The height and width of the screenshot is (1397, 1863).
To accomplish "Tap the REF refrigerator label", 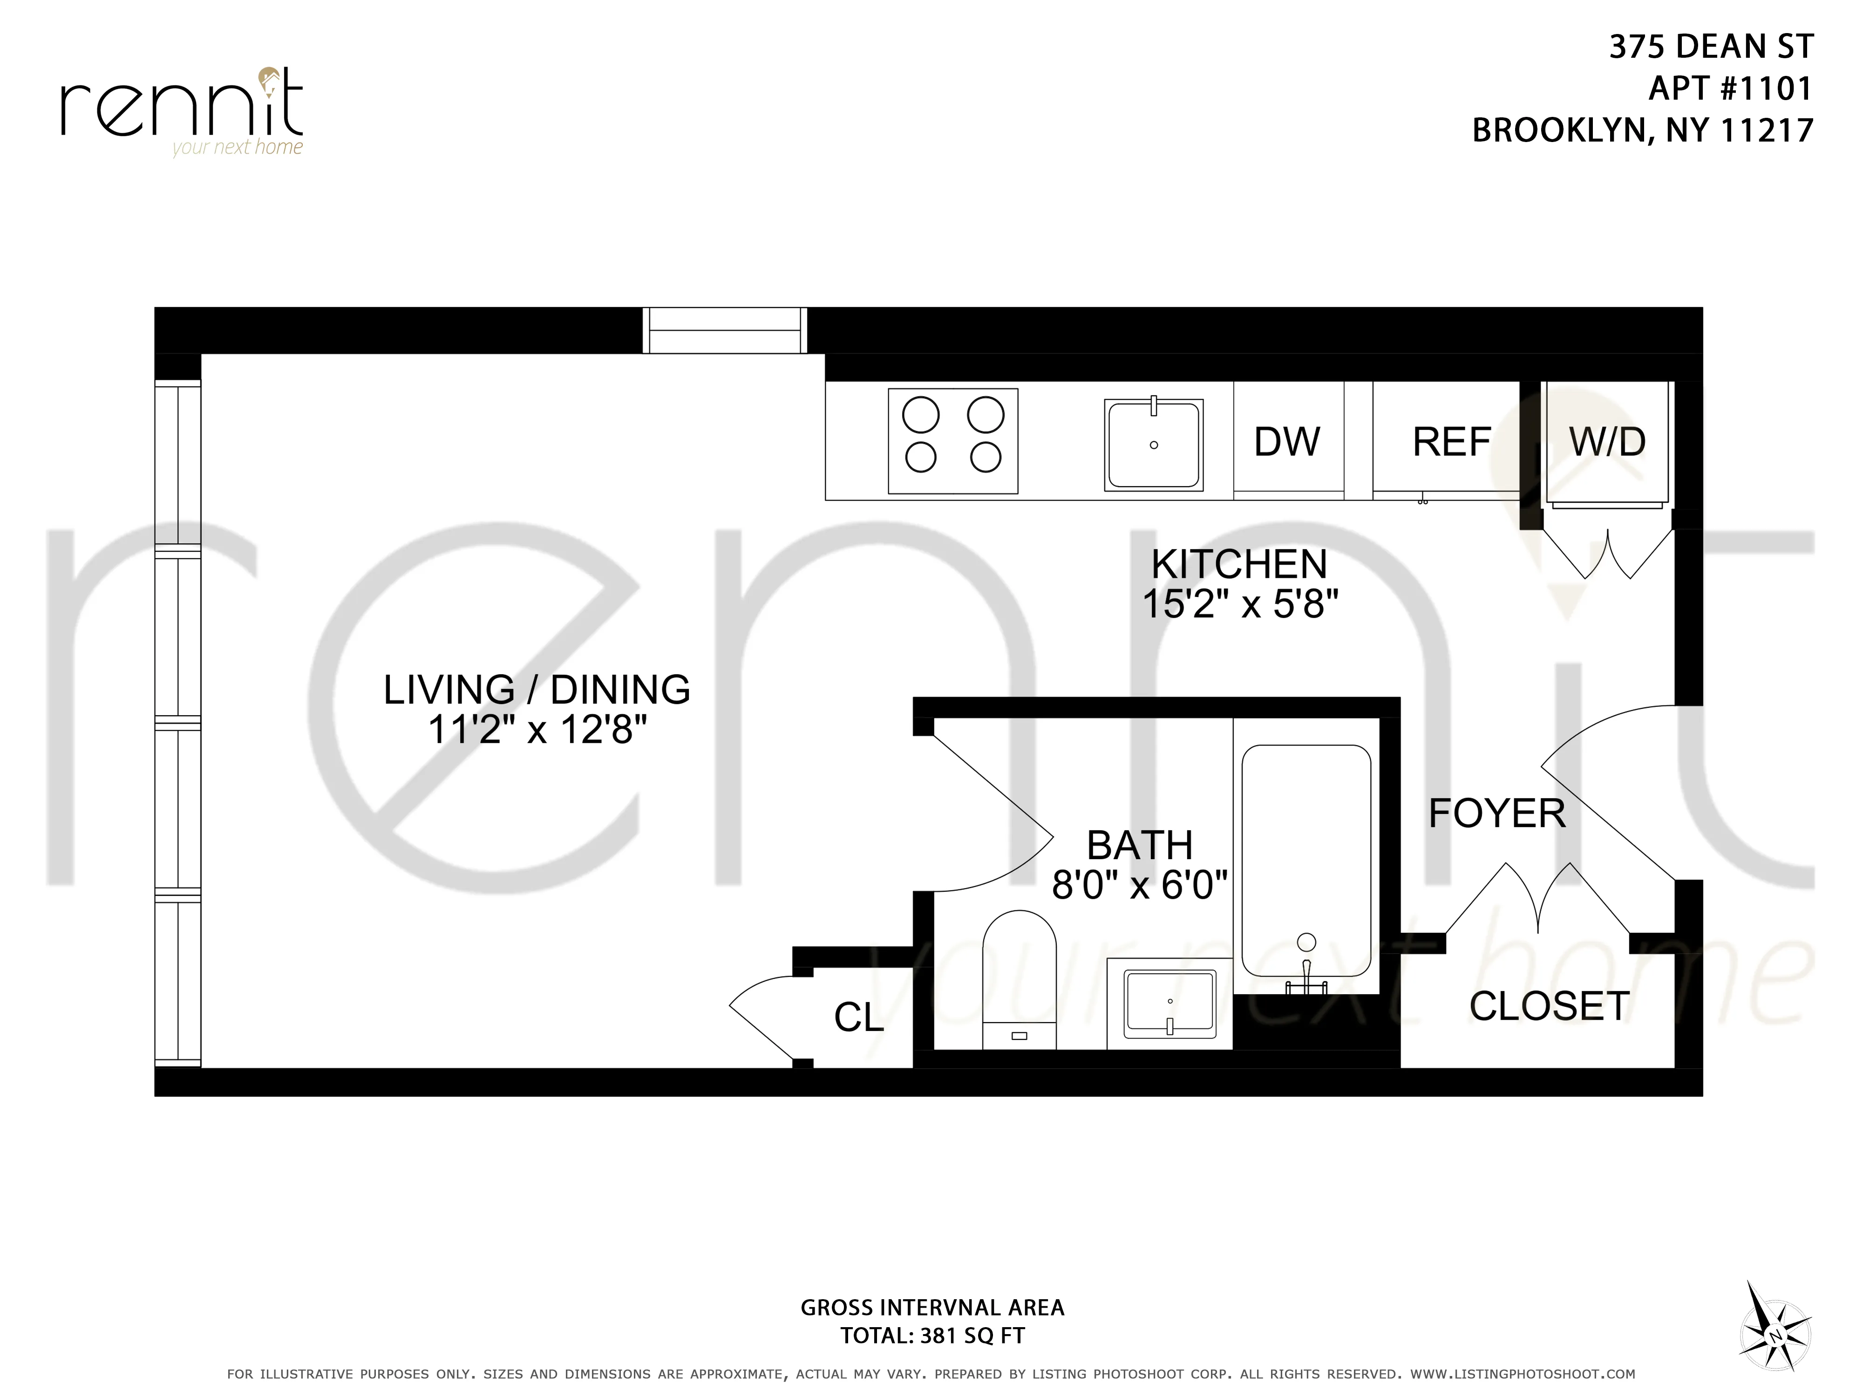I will (1451, 442).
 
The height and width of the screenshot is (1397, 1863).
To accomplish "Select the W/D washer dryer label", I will (1607, 442).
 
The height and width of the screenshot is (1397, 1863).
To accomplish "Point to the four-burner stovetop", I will (952, 441).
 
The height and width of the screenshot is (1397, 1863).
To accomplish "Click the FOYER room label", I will (1496, 814).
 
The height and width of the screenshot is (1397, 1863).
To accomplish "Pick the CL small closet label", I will (858, 1017).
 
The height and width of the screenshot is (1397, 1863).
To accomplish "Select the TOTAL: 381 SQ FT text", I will (932, 1336).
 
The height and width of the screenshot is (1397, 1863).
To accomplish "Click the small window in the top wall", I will (724, 330).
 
